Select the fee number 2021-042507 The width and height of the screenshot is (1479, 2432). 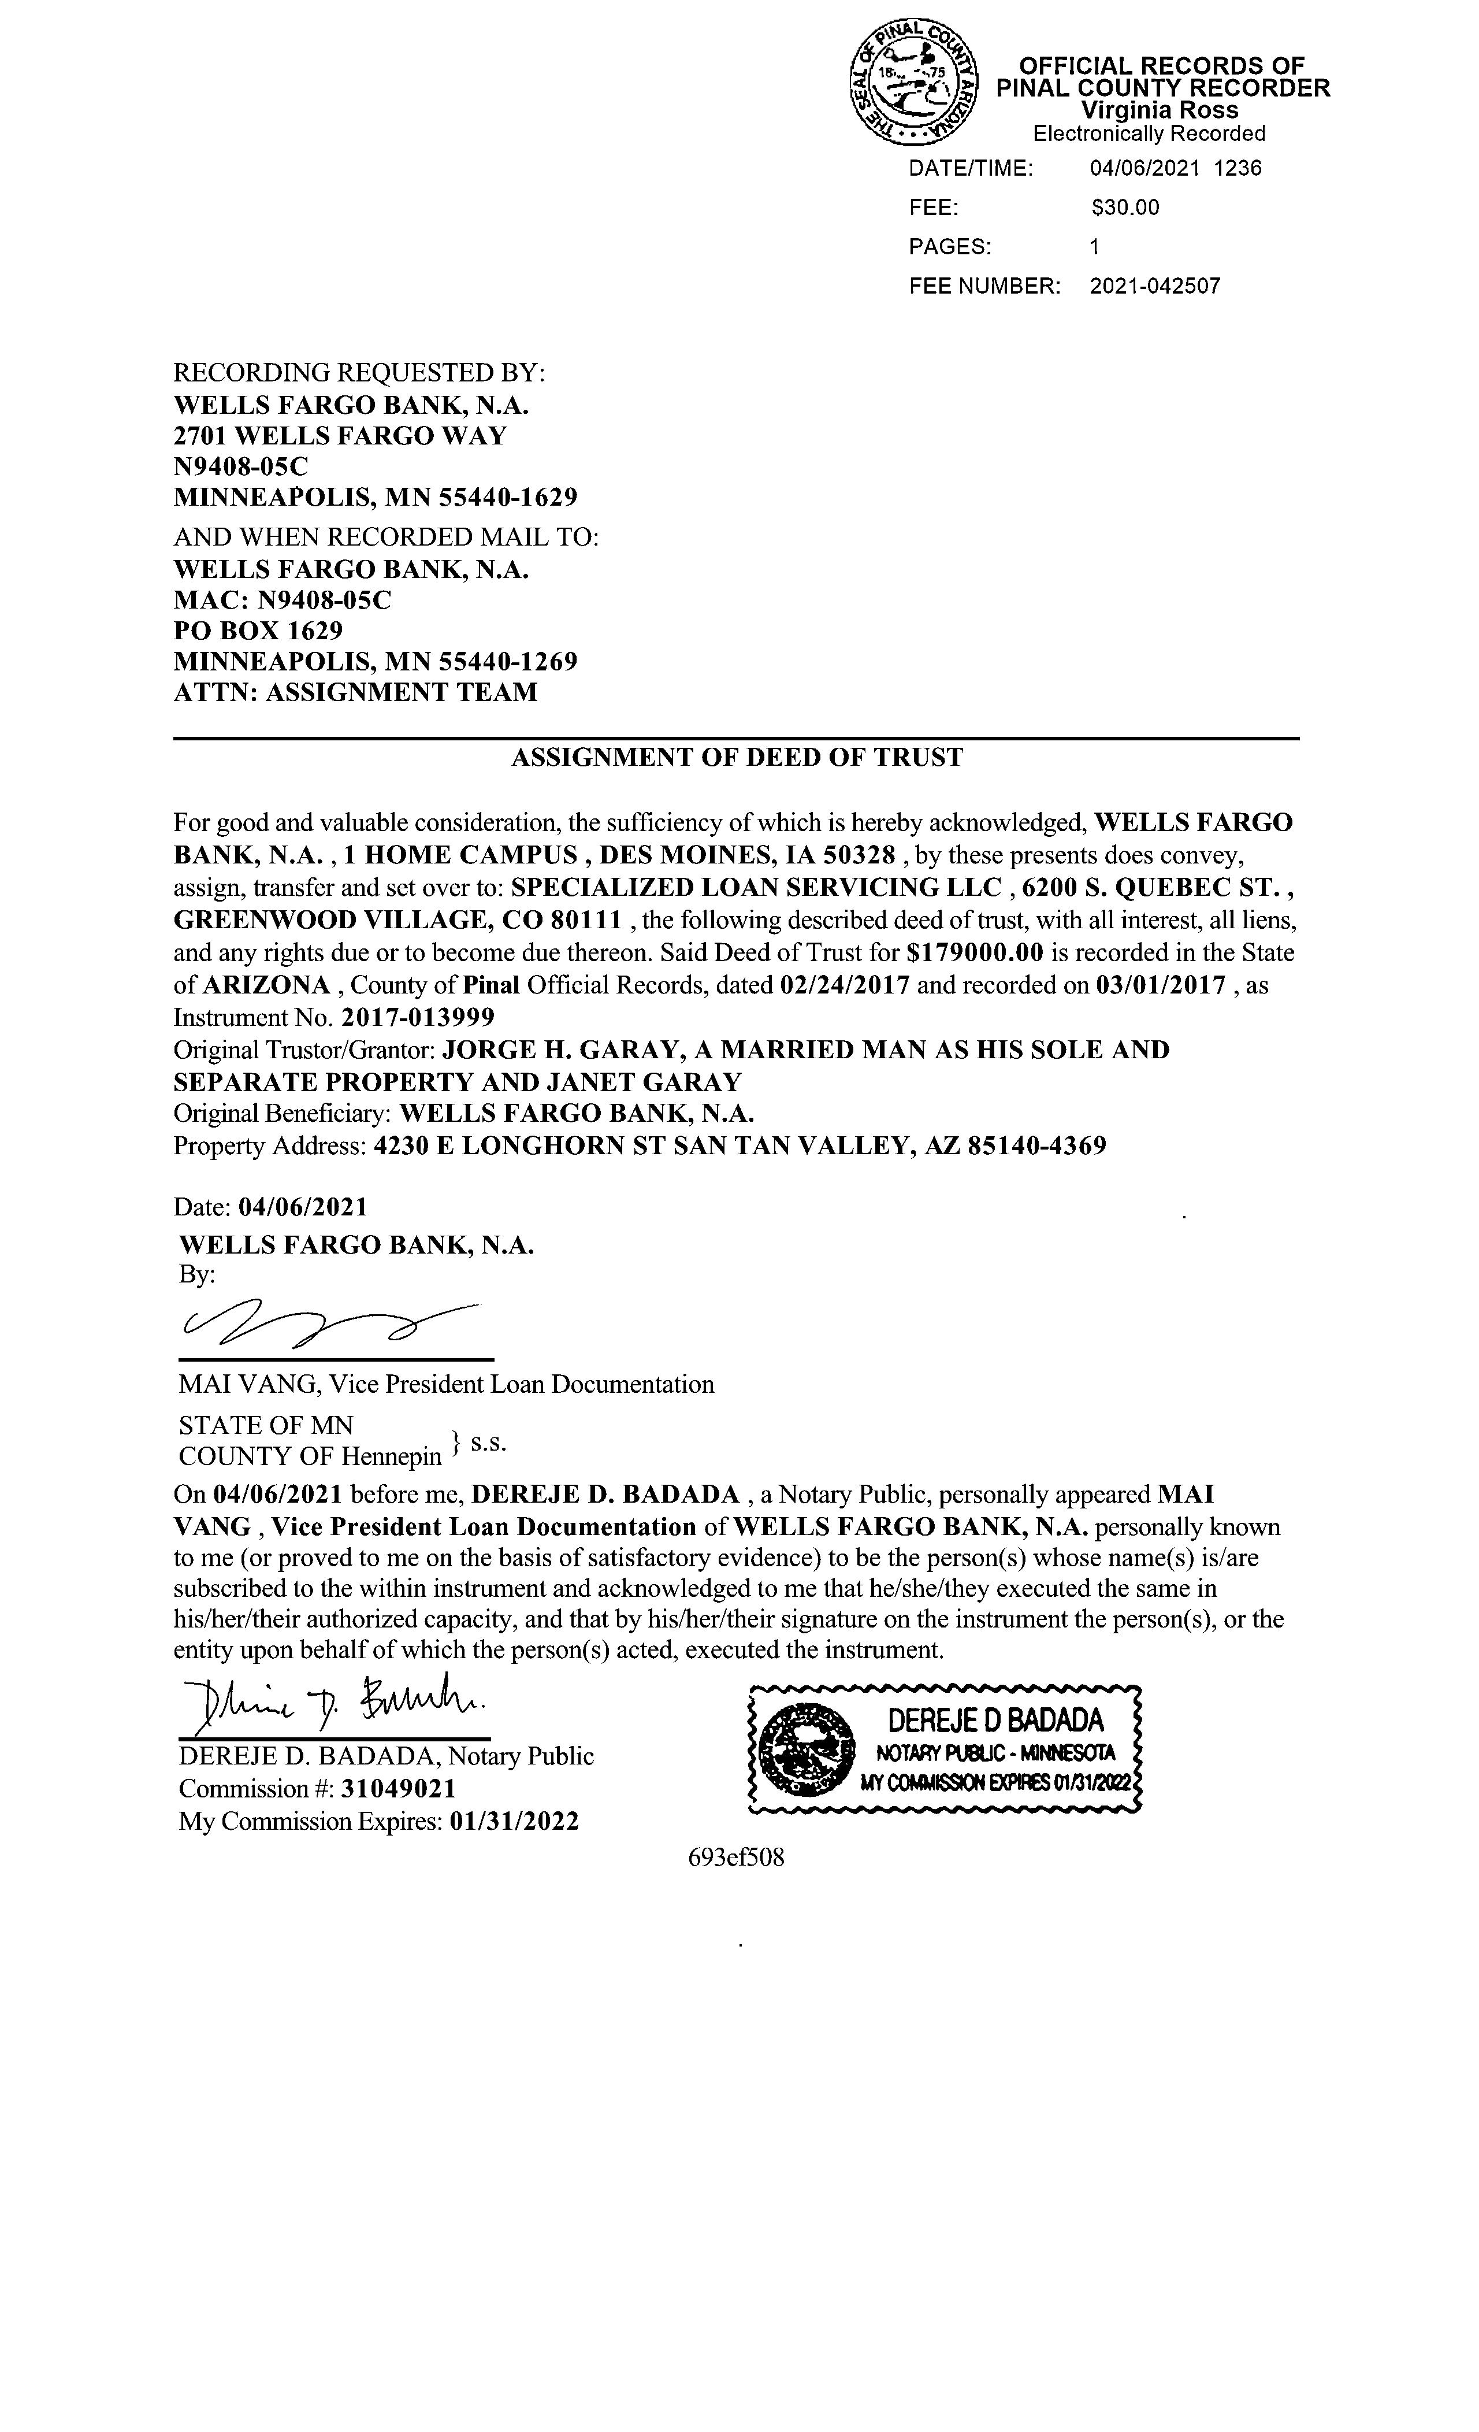coord(1154,286)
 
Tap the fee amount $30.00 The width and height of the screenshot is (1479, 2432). coord(1125,207)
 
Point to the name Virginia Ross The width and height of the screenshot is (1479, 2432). coord(1160,110)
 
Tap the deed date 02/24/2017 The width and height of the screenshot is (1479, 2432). coord(845,985)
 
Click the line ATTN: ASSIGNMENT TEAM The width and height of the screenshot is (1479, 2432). coord(356,692)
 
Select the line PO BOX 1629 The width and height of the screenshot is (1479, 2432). coord(258,630)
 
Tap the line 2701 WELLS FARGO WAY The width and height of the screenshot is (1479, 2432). coord(340,435)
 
